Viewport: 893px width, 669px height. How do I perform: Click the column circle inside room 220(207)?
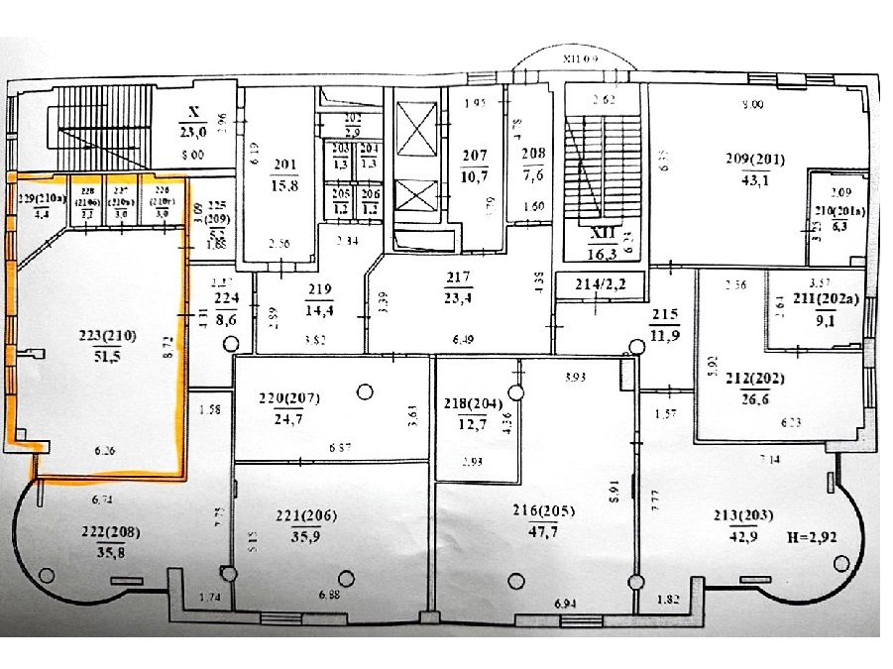(x=365, y=392)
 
